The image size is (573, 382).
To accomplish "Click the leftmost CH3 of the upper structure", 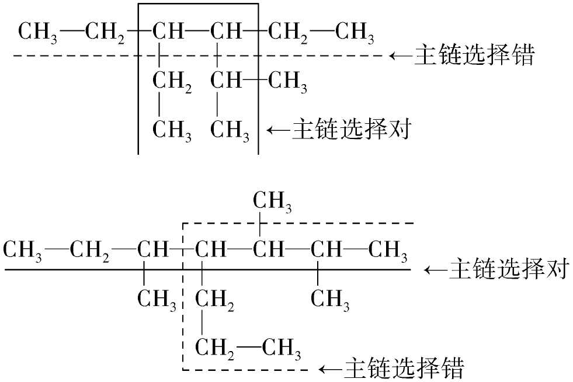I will pyautogui.click(x=40, y=32).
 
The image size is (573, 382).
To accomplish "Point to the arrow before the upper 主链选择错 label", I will pyautogui.click(x=401, y=56).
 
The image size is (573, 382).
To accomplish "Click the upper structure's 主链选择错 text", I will pyautogui.click(x=474, y=56).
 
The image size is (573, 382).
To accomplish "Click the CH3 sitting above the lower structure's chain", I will pyautogui.click(x=272, y=203).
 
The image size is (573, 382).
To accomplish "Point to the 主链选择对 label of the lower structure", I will pyautogui.click(x=508, y=270).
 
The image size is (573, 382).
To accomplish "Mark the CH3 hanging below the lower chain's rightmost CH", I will pyautogui.click(x=330, y=300).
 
